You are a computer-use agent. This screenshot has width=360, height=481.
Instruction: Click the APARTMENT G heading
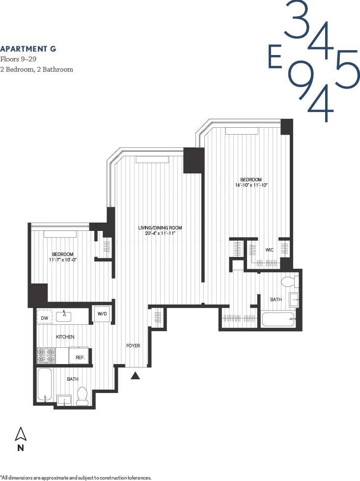coord(28,49)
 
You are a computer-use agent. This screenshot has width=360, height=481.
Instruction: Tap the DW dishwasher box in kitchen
coord(45,318)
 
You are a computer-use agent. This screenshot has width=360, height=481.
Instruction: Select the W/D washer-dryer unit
coord(102,314)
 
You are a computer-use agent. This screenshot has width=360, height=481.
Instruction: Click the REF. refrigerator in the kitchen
coord(80,357)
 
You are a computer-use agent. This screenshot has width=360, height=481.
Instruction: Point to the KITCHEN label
coord(65,337)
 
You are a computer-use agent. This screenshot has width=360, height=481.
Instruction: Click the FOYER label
coord(133,346)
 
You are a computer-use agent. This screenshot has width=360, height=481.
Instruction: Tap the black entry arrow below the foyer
coord(136,375)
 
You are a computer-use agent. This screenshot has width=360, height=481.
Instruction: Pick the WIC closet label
coord(270,250)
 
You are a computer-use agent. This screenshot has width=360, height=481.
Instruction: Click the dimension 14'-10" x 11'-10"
coord(251,185)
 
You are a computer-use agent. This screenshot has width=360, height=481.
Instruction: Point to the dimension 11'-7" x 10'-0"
coord(63,259)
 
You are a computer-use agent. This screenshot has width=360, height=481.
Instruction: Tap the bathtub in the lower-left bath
coord(45,385)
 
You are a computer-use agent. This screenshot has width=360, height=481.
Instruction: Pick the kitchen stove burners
coord(45,356)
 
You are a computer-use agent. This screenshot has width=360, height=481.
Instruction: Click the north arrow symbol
coord(21,434)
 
